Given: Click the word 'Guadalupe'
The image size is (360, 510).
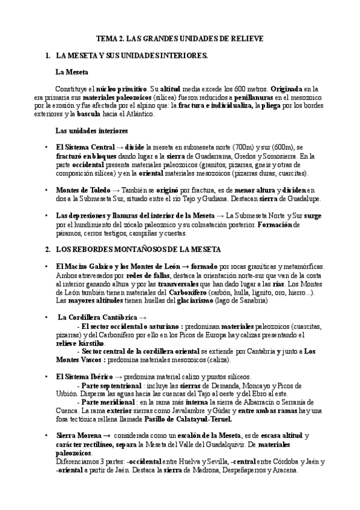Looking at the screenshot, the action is (x=302, y=198).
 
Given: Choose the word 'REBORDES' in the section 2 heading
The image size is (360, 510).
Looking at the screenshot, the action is (x=88, y=248).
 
